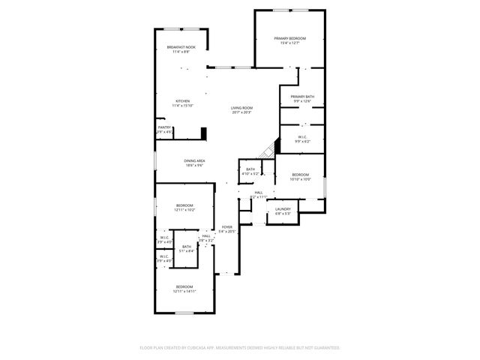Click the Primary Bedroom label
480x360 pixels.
289,38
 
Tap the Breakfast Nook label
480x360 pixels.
180,47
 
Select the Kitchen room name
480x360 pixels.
183,101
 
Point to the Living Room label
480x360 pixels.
241,108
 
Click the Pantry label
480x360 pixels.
164,127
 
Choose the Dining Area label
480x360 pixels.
195,160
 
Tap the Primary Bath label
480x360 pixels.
302,97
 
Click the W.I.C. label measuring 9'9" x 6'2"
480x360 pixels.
303,137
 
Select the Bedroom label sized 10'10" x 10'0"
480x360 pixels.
301,175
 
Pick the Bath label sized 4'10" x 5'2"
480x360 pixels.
250,169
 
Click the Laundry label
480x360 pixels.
283,209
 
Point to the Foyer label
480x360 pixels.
226,227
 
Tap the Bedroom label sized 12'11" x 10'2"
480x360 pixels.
184,205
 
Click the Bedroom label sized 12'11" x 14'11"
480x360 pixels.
184,287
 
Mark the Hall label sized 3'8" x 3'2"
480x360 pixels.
206,236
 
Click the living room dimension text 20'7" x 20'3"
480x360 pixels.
241,113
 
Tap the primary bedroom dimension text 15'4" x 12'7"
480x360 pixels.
289,43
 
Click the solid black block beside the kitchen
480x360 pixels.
202,133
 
